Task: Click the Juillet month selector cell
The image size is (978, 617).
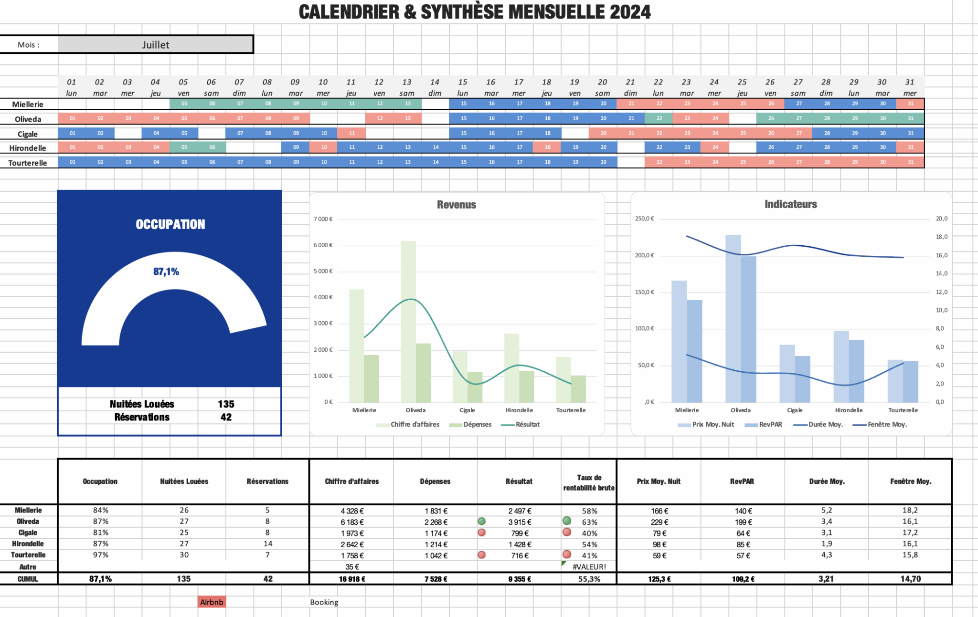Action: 156,44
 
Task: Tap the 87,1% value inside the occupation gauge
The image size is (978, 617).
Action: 166,272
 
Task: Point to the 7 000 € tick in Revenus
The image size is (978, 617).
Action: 323,219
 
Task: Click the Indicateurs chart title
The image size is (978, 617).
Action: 790,204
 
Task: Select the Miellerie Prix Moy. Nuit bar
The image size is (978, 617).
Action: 679,341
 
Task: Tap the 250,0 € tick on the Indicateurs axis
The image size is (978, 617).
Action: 644,219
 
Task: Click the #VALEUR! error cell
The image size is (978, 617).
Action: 589,567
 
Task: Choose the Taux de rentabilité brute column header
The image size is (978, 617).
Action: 589,482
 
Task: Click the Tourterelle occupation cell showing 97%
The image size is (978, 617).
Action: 100,555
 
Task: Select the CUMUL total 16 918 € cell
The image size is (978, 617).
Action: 352,579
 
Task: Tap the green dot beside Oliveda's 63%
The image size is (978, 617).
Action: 567,521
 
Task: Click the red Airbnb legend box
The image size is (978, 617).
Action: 212,602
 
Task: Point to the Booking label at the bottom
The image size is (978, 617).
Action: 324,602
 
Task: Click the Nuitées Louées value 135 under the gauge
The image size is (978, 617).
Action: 226,404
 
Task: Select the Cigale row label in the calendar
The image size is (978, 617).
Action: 28,134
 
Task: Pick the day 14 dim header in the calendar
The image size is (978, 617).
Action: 435,87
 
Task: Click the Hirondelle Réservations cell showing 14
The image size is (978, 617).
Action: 268,544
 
